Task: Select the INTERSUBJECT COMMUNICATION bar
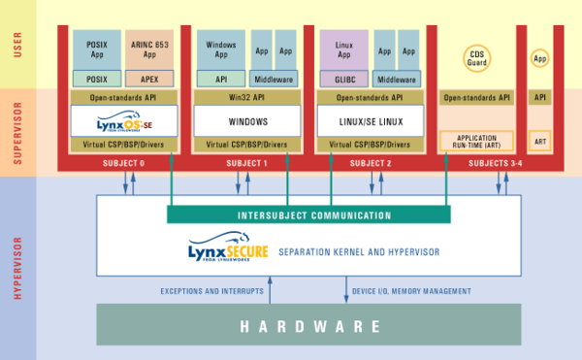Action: pos(307,215)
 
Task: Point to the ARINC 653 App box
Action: pos(148,49)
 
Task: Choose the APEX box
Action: pos(148,79)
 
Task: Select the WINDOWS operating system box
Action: pos(246,121)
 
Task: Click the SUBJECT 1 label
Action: pos(246,163)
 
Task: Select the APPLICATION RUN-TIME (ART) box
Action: pos(475,140)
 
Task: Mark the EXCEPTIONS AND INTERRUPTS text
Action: pos(205,291)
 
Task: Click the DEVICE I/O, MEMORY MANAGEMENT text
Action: pos(413,291)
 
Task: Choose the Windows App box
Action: pos(220,49)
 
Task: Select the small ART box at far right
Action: pos(539,140)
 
